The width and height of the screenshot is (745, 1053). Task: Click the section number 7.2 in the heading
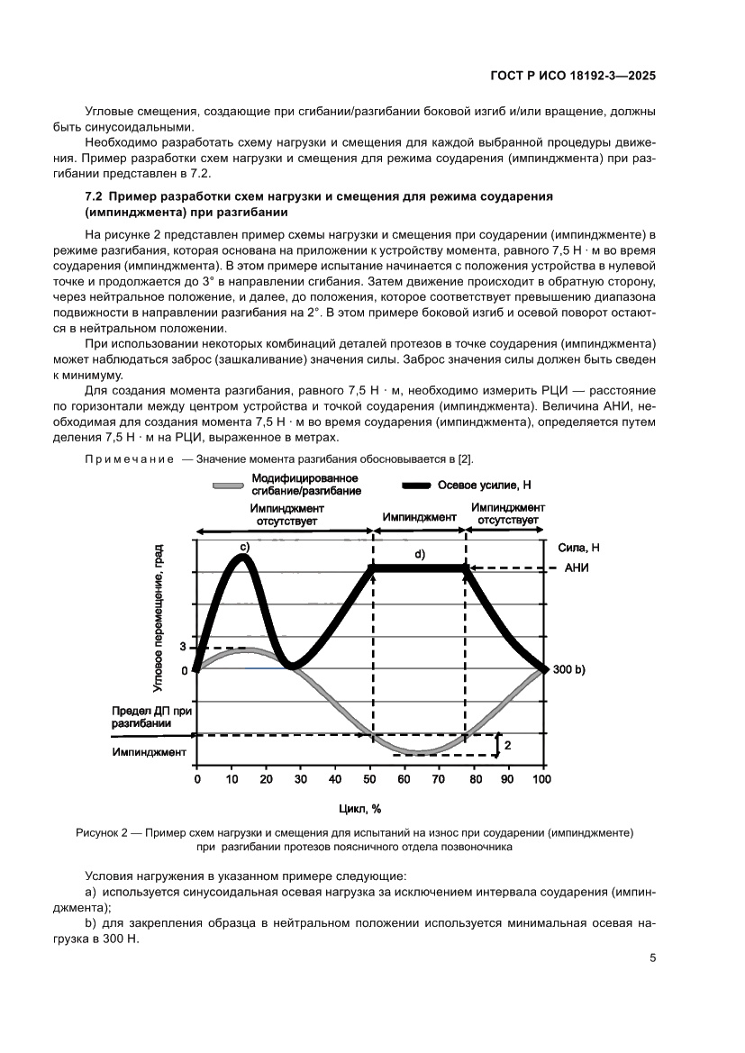[94, 195]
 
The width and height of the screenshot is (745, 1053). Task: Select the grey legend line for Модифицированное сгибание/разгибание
[229, 485]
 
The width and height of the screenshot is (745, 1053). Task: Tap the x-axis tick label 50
[370, 778]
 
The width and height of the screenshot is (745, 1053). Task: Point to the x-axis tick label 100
[542, 778]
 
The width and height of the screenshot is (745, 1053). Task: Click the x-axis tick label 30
[301, 778]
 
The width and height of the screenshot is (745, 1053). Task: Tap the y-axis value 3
[183, 647]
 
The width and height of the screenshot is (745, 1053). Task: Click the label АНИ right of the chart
[577, 568]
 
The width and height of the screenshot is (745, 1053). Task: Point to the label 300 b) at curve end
[568, 669]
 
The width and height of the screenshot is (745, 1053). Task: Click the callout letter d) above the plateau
[419, 553]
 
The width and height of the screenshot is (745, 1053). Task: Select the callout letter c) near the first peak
[243, 546]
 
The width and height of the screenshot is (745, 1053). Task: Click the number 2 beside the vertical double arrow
[507, 746]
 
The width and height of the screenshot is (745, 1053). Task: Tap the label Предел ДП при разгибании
[141, 717]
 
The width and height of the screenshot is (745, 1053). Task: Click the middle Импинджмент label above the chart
[419, 518]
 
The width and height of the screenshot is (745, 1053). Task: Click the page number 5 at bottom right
[652, 958]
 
